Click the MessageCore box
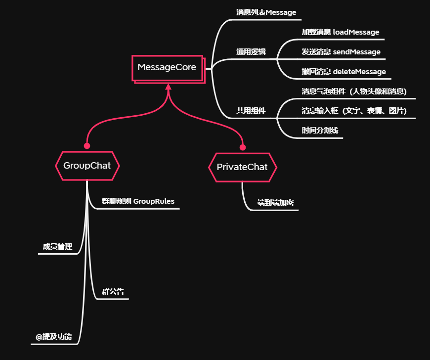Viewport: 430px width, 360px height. point(167,67)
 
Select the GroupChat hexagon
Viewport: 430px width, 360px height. point(87,166)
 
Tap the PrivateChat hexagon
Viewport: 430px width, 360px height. point(242,167)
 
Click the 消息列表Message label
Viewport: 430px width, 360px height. point(265,12)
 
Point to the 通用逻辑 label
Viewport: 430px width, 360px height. point(251,52)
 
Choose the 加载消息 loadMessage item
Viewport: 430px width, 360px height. point(340,32)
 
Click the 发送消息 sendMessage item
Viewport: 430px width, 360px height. point(341,52)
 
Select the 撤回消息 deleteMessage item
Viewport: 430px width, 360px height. point(344,72)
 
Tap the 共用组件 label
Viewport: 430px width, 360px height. point(251,111)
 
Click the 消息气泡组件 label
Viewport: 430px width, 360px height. point(354,91)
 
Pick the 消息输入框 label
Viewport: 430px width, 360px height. point(354,111)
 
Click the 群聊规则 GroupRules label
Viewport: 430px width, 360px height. point(138,201)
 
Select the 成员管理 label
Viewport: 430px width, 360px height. point(57,247)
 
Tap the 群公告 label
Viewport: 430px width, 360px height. point(113,292)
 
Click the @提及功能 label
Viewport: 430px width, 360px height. point(53,337)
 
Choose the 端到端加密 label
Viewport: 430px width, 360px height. point(276,203)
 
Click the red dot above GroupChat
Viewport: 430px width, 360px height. point(87,146)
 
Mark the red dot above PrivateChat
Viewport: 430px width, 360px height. point(243,147)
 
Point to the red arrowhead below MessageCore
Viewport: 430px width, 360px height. point(168,87)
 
